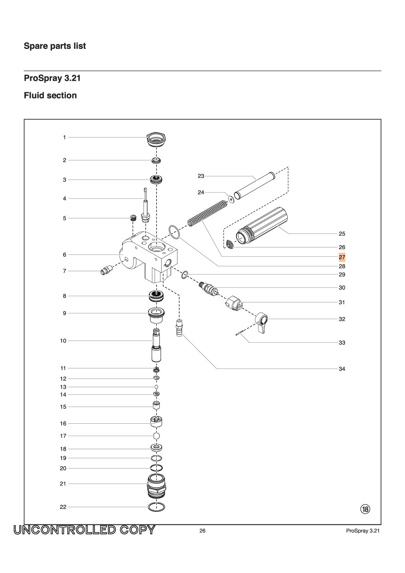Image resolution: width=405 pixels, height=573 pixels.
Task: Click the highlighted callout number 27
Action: click(x=342, y=257)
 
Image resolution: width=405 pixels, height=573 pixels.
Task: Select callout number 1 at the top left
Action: click(x=65, y=137)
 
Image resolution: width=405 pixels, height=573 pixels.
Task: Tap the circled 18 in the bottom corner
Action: click(x=365, y=509)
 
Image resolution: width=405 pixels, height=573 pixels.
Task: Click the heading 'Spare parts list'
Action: click(x=55, y=46)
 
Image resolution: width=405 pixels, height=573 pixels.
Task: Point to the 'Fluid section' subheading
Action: click(x=50, y=95)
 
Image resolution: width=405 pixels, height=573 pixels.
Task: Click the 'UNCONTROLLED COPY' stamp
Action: click(x=85, y=530)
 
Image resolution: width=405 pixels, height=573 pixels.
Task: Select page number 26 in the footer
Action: click(x=202, y=531)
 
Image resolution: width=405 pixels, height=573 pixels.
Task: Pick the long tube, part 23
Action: click(x=254, y=186)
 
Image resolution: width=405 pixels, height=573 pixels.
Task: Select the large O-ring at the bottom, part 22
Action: click(x=156, y=507)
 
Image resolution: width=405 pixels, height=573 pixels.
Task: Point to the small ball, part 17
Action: click(x=156, y=436)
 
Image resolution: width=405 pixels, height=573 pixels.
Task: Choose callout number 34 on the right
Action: click(x=342, y=369)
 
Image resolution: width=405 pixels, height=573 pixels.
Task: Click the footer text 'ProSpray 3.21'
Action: click(x=363, y=531)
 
